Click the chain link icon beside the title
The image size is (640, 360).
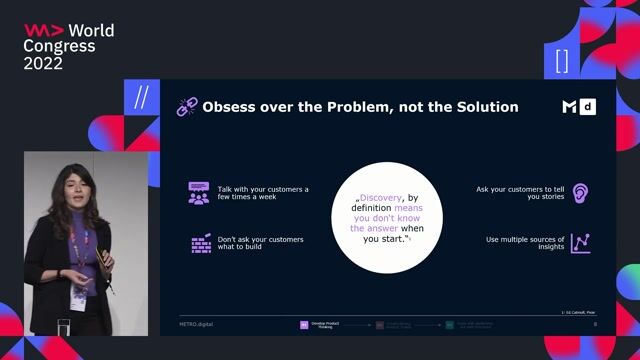tap(187, 106)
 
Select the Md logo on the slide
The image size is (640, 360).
tap(578, 107)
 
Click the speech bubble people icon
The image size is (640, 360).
tap(198, 193)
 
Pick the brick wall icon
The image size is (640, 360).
tap(199, 243)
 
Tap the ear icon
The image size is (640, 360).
tap(580, 193)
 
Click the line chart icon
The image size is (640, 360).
tap(580, 243)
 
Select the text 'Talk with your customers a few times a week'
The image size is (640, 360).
tap(263, 193)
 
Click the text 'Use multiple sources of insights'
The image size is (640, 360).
tap(525, 244)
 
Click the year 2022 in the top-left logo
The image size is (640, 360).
tap(43, 62)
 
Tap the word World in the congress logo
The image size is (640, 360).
tap(91, 31)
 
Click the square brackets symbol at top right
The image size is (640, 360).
tap(562, 60)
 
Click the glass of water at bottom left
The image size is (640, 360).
tap(63, 327)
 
